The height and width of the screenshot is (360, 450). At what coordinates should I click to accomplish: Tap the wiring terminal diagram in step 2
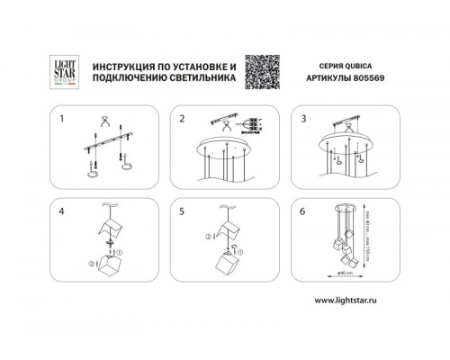(256, 126)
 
